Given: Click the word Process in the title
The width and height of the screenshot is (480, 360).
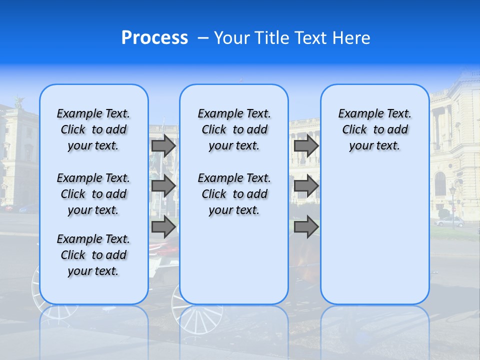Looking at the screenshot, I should (154, 38).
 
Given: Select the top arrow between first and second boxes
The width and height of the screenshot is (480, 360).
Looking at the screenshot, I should (163, 146).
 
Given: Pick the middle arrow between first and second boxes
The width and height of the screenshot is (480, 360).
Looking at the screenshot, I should (163, 186).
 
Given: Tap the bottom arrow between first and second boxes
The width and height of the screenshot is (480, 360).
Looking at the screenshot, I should (163, 227).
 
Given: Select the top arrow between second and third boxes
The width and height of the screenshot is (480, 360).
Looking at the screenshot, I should (306, 146).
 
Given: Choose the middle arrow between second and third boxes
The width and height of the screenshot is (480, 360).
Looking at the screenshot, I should (306, 186).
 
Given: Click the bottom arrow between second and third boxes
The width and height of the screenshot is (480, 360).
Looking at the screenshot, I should (306, 227).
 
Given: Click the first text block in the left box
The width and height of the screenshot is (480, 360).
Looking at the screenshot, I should (93, 129).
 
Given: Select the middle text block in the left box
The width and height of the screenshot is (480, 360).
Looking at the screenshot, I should (93, 194).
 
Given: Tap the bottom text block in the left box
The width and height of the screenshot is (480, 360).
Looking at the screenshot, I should (93, 255).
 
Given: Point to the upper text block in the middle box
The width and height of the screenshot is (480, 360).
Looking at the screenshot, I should (234, 129).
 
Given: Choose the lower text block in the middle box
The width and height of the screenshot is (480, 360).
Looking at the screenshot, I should (234, 194).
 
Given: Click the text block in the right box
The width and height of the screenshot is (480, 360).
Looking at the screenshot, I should (374, 129).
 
